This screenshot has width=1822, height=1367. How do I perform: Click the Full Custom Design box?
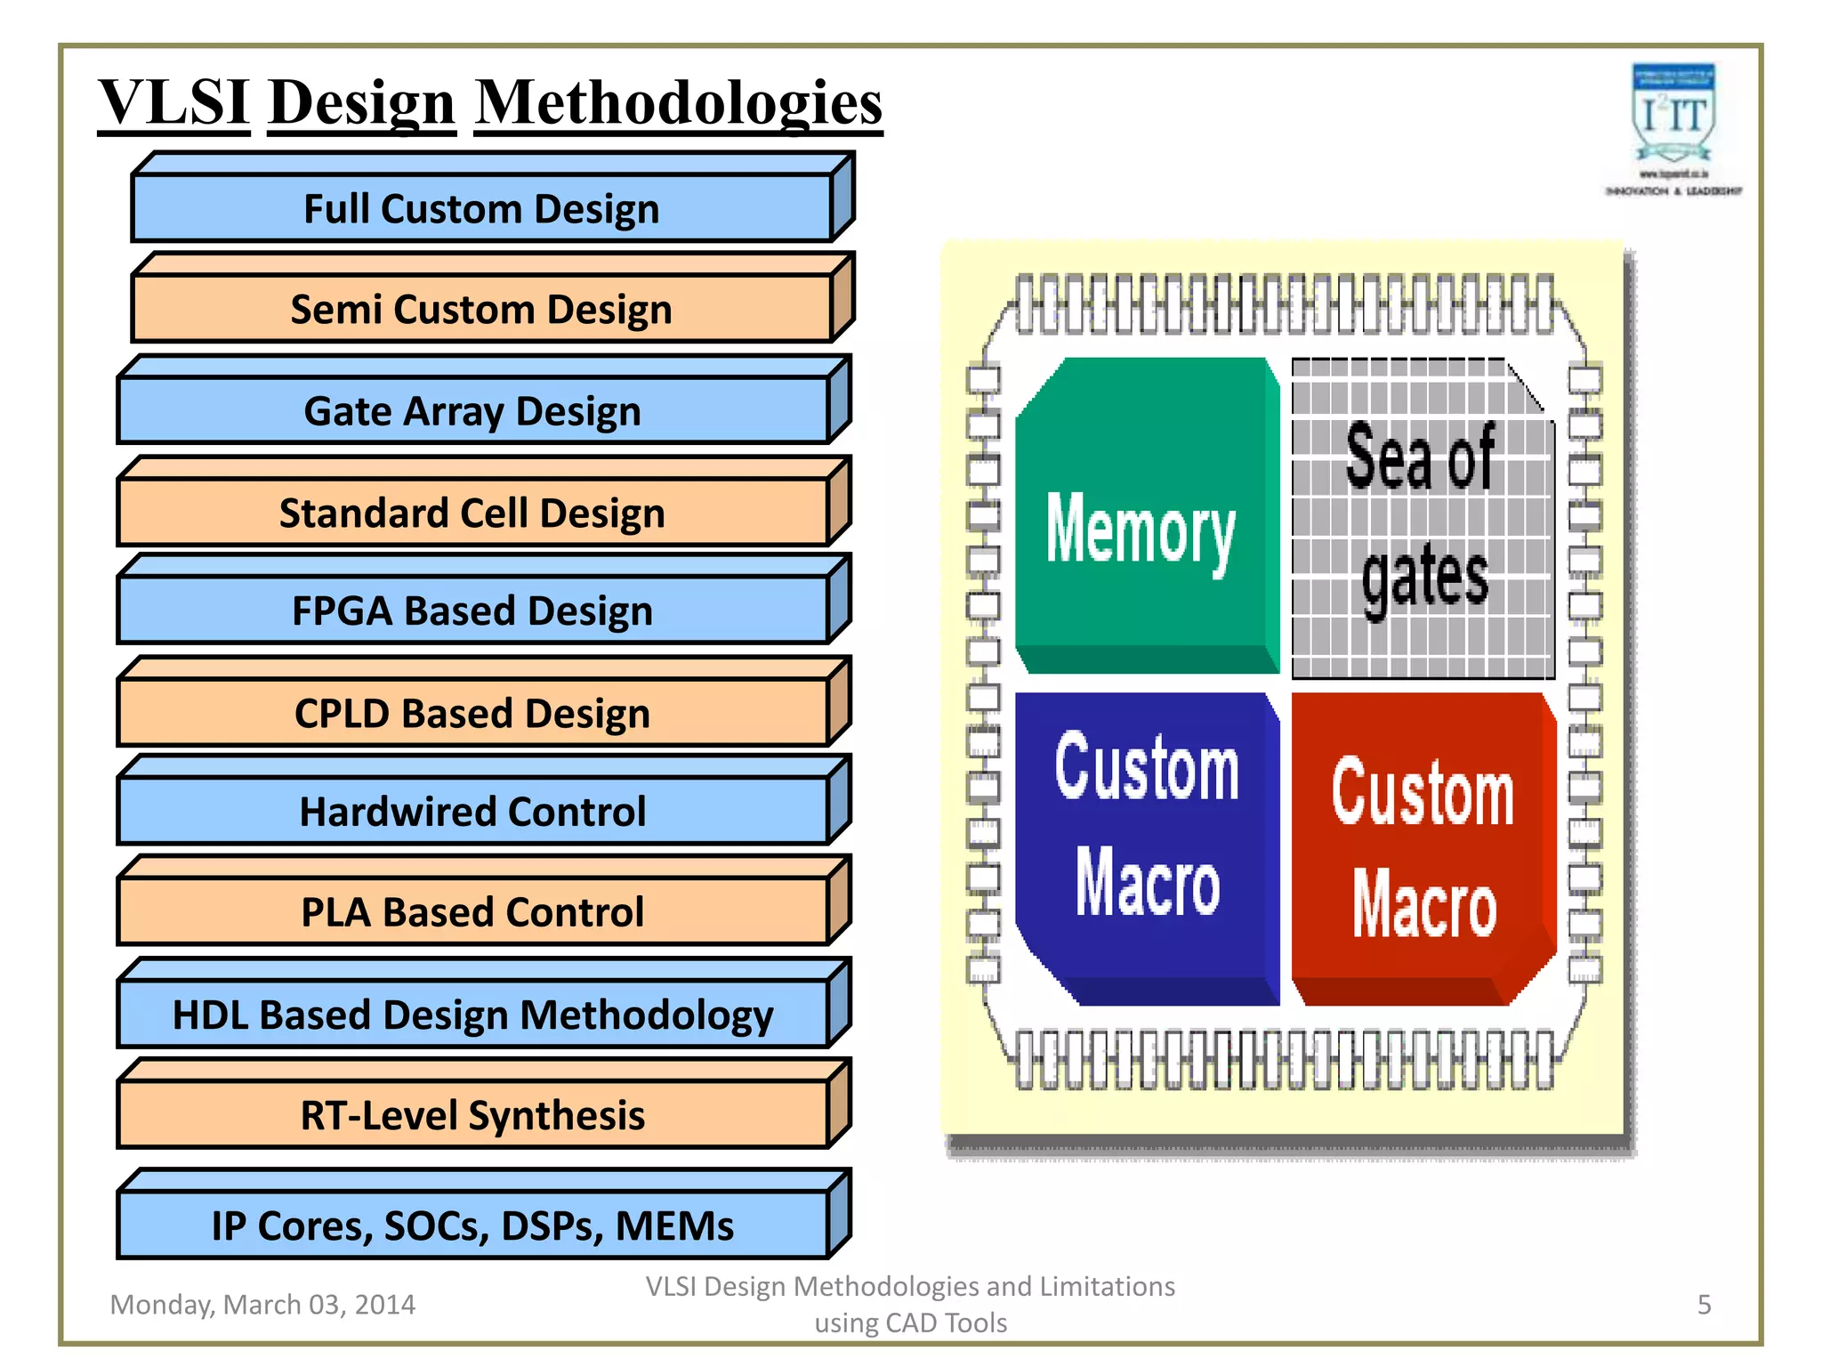pyautogui.click(x=481, y=208)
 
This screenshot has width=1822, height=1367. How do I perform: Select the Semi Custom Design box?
pyautogui.click(x=481, y=309)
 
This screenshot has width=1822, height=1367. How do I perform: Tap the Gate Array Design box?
pyautogui.click(x=472, y=410)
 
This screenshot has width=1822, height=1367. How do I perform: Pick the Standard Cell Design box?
pyautogui.click(x=472, y=513)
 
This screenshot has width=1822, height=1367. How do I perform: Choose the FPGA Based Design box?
pyautogui.click(x=472, y=611)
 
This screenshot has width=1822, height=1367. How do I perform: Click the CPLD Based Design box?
pyautogui.click(x=472, y=713)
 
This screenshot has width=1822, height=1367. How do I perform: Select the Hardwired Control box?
pyautogui.click(x=472, y=811)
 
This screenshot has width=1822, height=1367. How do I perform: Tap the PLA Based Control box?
pyautogui.click(x=472, y=911)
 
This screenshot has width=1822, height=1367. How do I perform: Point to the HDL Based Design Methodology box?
pyautogui.click(x=472, y=1015)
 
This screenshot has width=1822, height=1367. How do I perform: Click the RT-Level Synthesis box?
pyautogui.click(x=472, y=1115)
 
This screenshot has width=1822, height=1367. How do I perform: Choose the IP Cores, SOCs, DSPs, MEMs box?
pyautogui.click(x=472, y=1225)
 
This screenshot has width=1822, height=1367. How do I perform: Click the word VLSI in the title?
pyautogui.click(x=173, y=102)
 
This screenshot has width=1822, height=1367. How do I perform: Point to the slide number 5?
pyautogui.click(x=1704, y=1305)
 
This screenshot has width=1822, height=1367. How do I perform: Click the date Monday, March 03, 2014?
pyautogui.click(x=262, y=1305)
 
